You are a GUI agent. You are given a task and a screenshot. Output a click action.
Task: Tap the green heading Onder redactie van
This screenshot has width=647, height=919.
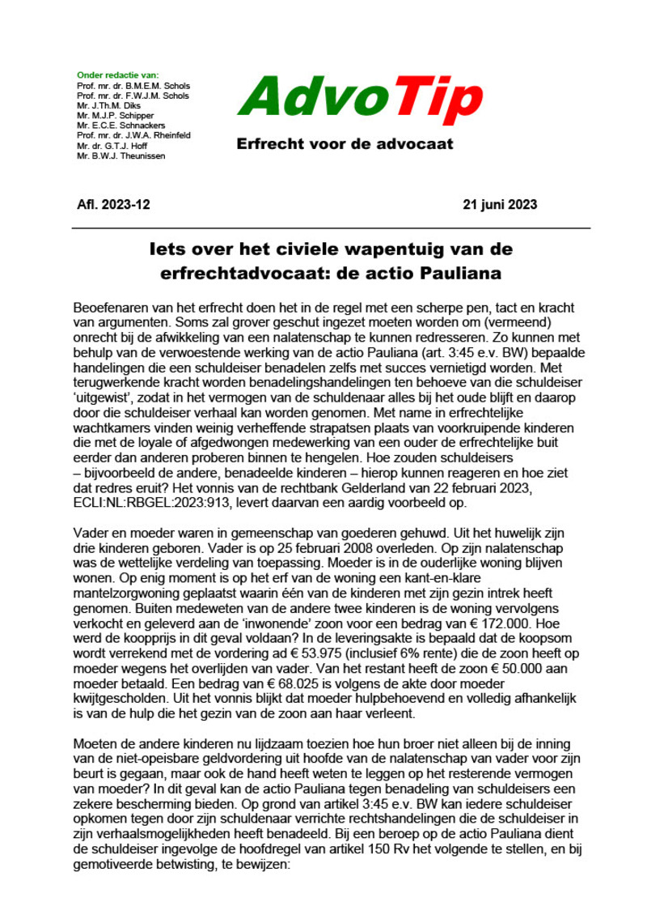click(x=116, y=75)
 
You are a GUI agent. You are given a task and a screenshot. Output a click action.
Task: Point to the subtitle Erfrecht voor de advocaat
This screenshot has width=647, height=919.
click(x=345, y=145)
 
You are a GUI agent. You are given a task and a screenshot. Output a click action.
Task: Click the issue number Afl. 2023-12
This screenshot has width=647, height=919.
click(x=112, y=203)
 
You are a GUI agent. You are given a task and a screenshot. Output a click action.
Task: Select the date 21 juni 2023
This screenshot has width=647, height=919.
click(x=497, y=203)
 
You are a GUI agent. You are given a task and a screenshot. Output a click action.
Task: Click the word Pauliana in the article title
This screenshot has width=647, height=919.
click(x=464, y=273)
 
